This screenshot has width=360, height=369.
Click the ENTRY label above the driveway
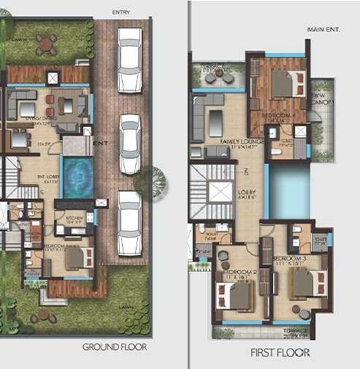pyautogui.click(x=122, y=13)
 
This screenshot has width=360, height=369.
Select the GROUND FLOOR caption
pyautogui.click(x=115, y=347)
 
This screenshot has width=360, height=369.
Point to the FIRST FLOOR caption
pyautogui.click(x=280, y=352)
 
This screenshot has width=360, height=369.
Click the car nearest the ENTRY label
pyautogui.click(x=130, y=50)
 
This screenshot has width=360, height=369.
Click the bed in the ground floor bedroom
pyautogui.click(x=76, y=257)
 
